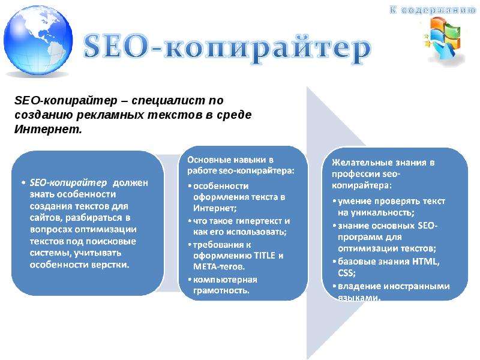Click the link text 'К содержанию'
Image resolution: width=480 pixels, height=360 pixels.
433,10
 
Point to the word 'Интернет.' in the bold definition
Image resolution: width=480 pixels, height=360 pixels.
48,129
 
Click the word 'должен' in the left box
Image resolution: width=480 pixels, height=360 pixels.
130,183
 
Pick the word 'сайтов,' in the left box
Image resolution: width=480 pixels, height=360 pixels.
46,218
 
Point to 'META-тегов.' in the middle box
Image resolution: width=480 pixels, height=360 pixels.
219,266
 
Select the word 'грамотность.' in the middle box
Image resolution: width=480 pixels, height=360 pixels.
221,290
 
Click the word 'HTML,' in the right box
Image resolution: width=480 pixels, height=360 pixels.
426,261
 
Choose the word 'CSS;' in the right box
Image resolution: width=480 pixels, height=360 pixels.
347,273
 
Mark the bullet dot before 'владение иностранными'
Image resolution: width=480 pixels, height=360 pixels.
335,286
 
